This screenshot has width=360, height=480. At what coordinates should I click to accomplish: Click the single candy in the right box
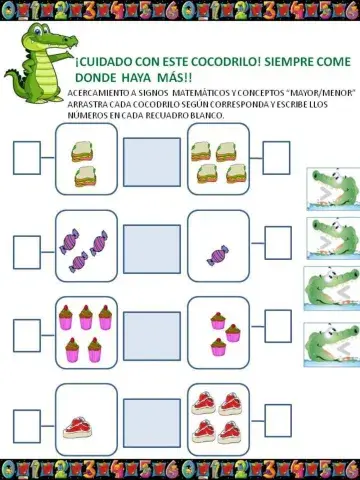(x=217, y=254)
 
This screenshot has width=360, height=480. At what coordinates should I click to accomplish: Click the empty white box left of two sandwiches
(x=27, y=158)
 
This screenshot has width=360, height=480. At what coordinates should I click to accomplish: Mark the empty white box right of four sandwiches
(x=276, y=158)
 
